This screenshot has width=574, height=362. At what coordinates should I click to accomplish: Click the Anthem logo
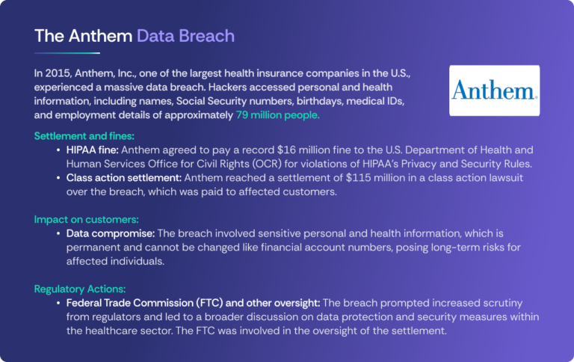(494, 90)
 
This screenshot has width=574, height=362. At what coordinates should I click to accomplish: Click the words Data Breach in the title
(185, 36)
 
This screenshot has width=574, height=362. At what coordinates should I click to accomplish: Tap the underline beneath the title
(67, 53)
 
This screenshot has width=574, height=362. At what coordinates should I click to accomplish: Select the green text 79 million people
(277, 115)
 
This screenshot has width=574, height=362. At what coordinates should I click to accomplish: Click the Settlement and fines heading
(84, 136)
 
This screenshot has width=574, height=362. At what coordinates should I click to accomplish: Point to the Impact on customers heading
(87, 219)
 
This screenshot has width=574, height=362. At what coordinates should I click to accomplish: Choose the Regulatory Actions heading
(80, 289)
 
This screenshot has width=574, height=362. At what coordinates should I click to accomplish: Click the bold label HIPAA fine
(93, 150)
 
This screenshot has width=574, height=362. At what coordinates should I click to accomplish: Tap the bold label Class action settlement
(124, 178)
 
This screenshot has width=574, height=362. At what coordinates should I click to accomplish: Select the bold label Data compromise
(111, 233)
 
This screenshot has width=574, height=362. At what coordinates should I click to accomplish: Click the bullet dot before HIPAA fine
(58, 150)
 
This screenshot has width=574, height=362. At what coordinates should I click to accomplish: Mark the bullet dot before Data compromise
(58, 234)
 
